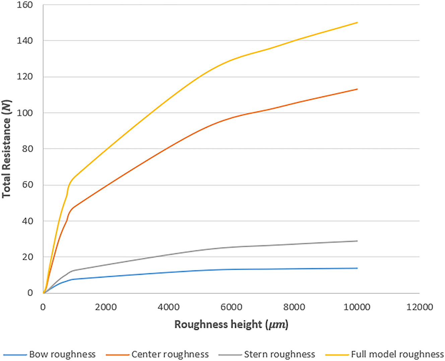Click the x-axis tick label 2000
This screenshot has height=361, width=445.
[x=106, y=307]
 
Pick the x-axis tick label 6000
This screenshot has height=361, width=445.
[x=231, y=307]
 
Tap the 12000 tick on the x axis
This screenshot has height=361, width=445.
[x=419, y=307]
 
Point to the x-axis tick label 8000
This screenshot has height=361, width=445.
[x=294, y=307]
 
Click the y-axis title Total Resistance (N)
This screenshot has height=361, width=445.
[x=7, y=149]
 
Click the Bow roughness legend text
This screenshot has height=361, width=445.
[x=62, y=354]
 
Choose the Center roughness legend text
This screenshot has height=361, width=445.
[x=170, y=354]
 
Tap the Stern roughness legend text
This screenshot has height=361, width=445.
[x=279, y=354]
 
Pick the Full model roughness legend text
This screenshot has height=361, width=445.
[x=397, y=354]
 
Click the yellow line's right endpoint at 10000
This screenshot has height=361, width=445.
[x=357, y=22]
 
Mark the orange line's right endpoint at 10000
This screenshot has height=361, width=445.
[x=357, y=89]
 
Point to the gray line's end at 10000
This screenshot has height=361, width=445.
[x=357, y=241]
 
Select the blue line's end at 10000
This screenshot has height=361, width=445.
[x=357, y=268]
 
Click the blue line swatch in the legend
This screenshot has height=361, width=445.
[x=15, y=355]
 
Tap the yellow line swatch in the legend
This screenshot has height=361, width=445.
[x=337, y=355]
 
